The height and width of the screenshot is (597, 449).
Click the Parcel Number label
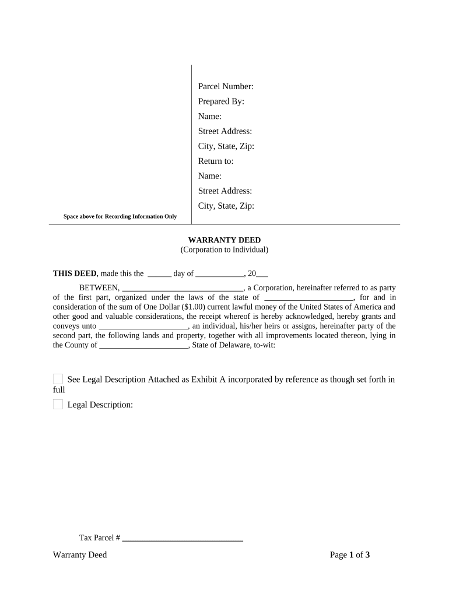coord(226,87)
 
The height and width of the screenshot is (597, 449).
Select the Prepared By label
coord(221,101)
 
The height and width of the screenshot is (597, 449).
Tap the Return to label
coord(216,161)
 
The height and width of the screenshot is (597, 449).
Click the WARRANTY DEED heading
coord(224,240)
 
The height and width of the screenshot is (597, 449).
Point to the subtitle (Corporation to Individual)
coord(224,250)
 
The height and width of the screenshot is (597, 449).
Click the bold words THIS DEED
coord(75,273)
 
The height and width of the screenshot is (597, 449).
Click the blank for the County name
coord(144,345)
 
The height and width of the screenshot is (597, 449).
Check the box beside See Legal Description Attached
coord(58,379)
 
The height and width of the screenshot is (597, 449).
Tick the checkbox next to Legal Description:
coord(58,405)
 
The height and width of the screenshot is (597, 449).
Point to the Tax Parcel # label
coord(100,538)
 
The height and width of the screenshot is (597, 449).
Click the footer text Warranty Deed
coord(80,555)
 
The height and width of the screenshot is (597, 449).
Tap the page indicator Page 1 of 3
coord(350,555)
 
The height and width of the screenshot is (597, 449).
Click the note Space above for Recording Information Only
coord(120,217)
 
